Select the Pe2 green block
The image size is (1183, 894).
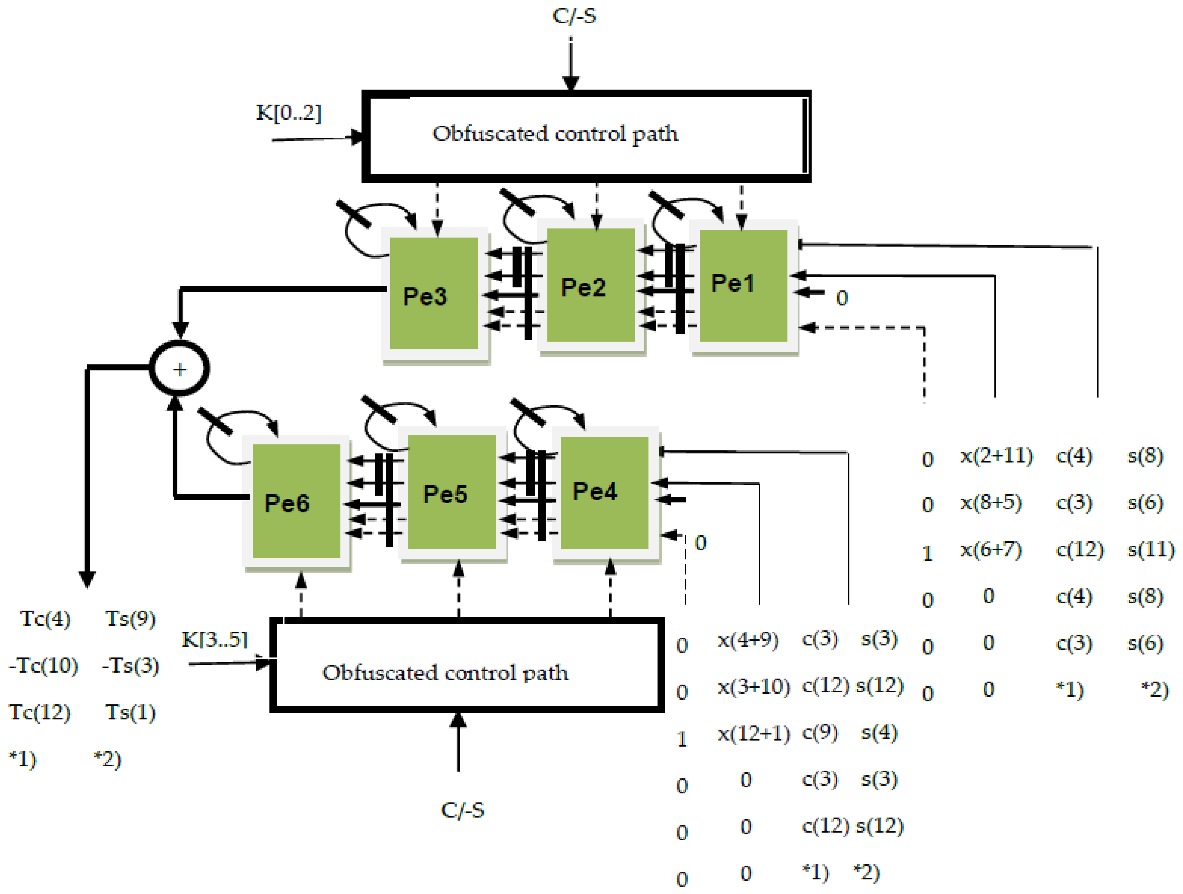click(590, 285)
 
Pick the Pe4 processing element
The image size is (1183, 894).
click(604, 492)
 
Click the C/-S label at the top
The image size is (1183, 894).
click(574, 16)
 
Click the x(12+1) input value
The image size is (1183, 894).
click(753, 733)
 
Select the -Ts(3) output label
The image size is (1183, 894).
click(130, 666)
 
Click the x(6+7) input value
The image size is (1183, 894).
click(990, 549)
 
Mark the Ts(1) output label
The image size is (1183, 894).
click(130, 712)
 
